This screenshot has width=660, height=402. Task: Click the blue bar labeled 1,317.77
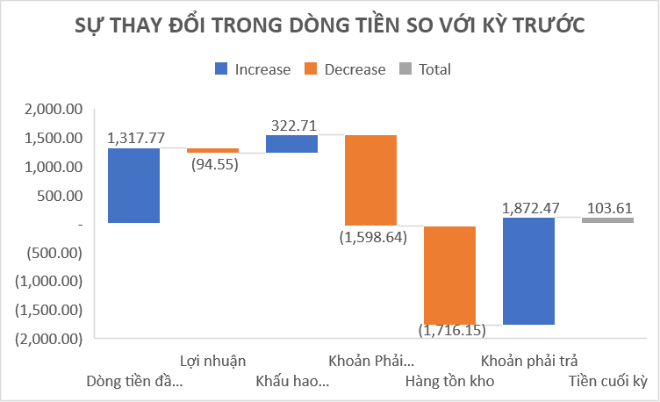133,185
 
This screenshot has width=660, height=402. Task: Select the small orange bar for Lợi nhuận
212,150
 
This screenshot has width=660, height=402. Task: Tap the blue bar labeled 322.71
291,144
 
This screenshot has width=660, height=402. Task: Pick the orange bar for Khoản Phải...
370,180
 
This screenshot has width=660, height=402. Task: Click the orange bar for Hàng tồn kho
449,275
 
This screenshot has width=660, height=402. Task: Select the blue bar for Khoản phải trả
528,271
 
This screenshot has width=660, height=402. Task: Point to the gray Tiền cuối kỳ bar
607,220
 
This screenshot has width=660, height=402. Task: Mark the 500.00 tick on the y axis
61,196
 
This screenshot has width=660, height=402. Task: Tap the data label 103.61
607,208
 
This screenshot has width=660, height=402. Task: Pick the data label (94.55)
212,164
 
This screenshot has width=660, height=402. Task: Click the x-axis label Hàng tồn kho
449,382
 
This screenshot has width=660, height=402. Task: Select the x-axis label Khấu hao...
292,382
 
